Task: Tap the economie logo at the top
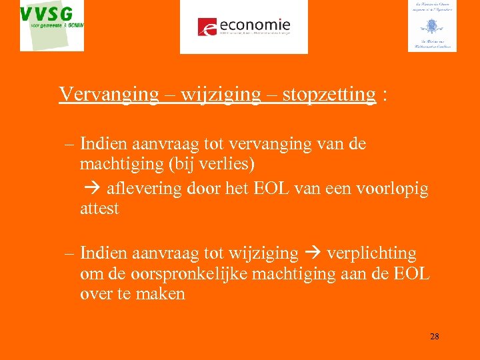tap(244, 26)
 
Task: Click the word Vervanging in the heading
tap(109, 94)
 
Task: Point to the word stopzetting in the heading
tap(329, 94)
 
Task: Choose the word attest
tap(99, 208)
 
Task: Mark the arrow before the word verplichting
tap(312, 254)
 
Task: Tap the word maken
tap(161, 293)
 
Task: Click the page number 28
tap(434, 337)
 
